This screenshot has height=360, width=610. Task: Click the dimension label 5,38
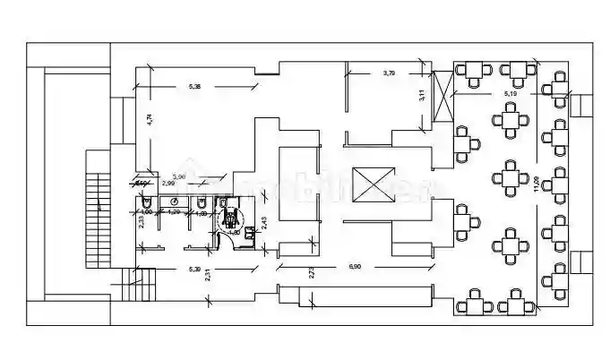194,86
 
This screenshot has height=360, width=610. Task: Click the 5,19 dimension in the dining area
511,92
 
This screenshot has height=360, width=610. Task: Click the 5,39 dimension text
193,269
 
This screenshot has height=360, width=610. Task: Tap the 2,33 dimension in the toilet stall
141,223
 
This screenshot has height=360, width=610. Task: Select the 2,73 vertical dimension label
313,273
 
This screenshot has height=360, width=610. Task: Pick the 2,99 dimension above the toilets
168,183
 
